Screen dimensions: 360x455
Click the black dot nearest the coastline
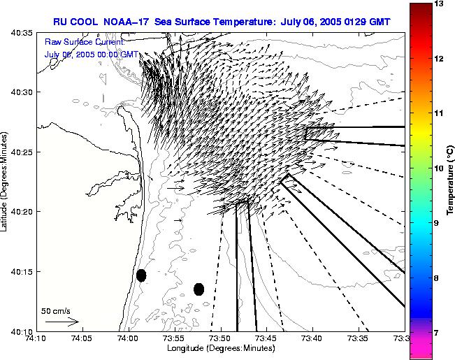pos(141,275)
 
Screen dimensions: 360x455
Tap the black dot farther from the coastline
pos(198,289)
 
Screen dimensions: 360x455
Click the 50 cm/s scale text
pos(56,310)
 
